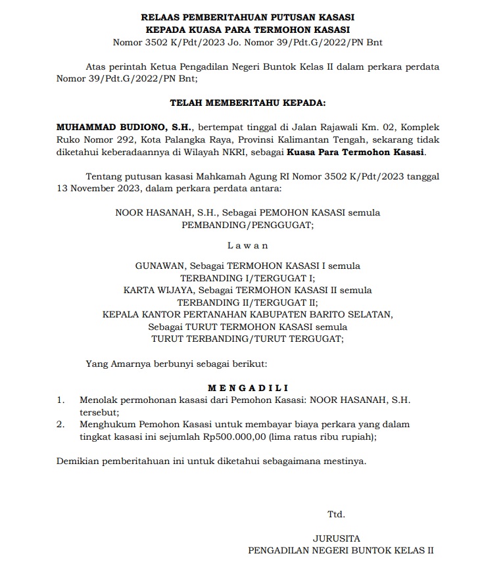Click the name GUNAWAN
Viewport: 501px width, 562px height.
click(160, 266)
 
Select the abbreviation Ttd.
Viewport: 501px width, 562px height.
click(337, 514)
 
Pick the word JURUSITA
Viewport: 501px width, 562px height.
click(337, 538)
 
